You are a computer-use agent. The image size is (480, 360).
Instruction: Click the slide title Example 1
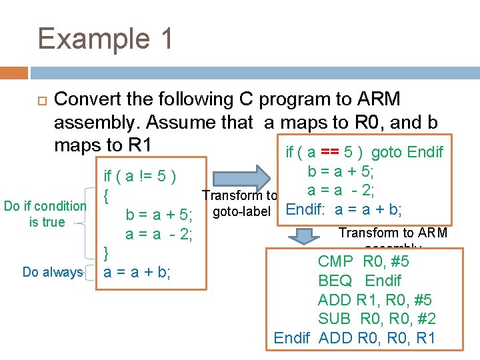pos(105,39)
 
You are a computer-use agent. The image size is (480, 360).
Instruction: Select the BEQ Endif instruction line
pos(359,280)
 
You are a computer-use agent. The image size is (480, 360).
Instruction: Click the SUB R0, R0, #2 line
pos(377,319)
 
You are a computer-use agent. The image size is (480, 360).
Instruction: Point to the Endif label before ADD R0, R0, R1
pos(292,338)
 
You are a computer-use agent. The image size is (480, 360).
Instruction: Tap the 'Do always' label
pos(52,272)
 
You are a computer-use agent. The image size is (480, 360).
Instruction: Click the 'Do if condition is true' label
pos(46,214)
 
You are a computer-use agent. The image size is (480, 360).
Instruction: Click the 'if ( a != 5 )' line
pos(140,177)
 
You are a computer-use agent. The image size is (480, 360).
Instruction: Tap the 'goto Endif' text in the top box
pos(407,152)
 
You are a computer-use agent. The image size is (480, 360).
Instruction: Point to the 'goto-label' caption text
pos(241,212)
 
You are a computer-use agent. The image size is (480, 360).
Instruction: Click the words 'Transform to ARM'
pos(393,233)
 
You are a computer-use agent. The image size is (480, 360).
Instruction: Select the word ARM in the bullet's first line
pos(379,99)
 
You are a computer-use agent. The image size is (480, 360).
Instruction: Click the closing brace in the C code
pos(106,252)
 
